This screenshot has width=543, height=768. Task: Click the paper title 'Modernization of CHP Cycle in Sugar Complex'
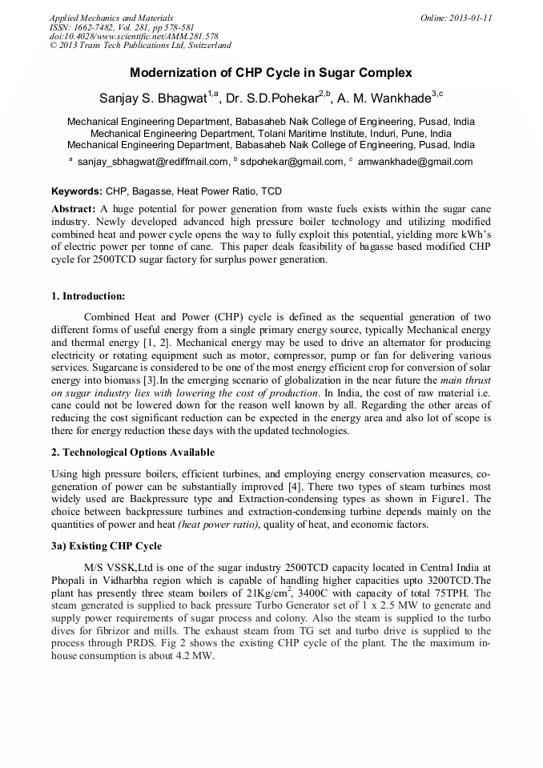(x=271, y=73)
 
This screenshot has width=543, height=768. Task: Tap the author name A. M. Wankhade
(x=384, y=99)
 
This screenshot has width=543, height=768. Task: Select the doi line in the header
(x=134, y=36)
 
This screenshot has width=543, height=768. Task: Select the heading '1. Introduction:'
(x=88, y=296)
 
